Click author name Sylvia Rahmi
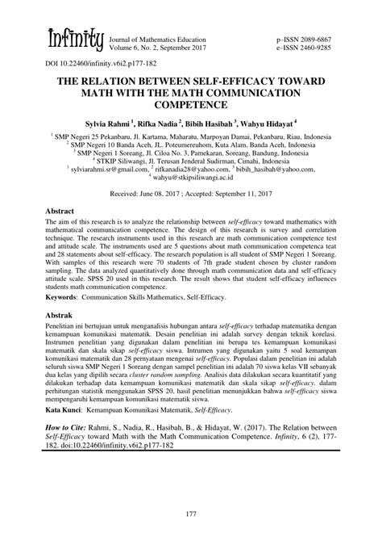click(112, 124)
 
